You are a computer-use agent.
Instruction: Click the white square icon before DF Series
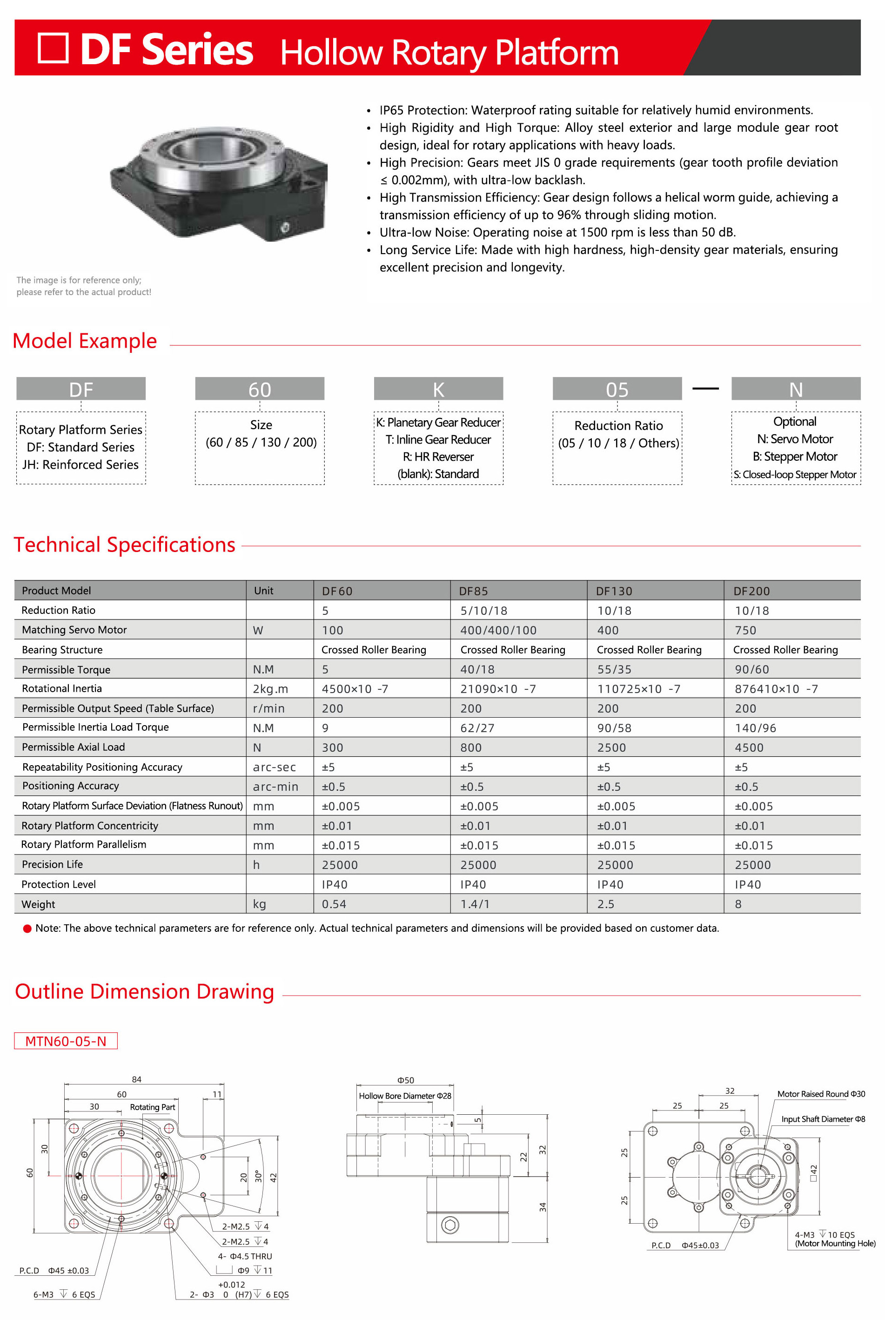(x=53, y=48)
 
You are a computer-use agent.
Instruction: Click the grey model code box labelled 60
(x=260, y=389)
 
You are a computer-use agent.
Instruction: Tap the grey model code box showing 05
(x=617, y=389)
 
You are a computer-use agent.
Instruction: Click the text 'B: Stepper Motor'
(x=795, y=456)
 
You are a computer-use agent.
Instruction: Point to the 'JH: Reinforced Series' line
(x=80, y=465)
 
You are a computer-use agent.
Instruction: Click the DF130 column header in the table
(x=614, y=591)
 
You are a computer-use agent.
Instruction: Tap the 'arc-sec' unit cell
(x=275, y=767)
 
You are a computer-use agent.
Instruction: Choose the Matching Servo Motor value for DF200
(x=745, y=630)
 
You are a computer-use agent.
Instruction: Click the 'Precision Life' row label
(x=53, y=864)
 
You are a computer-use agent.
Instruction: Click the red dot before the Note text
(x=27, y=929)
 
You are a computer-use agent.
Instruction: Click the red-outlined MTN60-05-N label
(x=66, y=1041)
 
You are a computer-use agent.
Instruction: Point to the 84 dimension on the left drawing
(x=137, y=1079)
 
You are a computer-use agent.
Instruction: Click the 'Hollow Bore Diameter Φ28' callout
(x=405, y=1096)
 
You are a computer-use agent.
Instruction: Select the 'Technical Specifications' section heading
(x=124, y=545)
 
